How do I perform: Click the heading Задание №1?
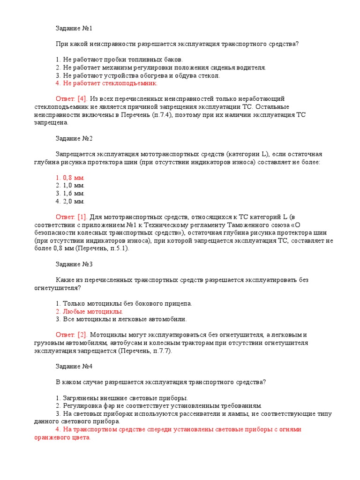(74, 29)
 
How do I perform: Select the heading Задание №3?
(74, 264)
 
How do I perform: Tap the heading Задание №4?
(74, 366)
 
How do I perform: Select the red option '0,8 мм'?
(70, 178)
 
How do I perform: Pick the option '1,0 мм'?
(70, 186)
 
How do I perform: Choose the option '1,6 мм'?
(70, 193)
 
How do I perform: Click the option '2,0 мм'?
(70, 201)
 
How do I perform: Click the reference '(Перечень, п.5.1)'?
(102, 248)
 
